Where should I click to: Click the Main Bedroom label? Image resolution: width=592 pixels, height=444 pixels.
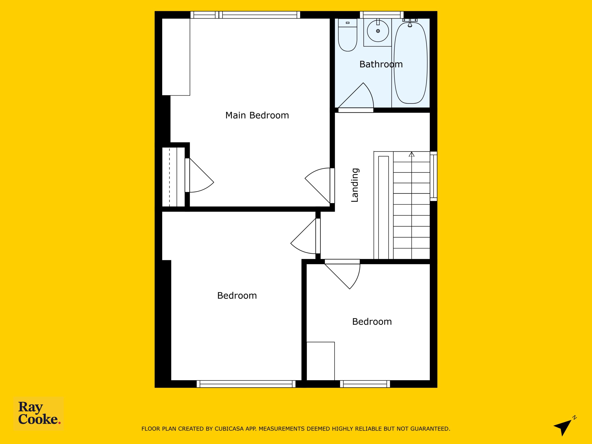[x=257, y=115]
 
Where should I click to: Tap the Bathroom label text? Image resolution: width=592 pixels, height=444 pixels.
[x=381, y=64]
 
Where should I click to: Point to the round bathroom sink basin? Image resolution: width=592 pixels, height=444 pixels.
[x=378, y=31]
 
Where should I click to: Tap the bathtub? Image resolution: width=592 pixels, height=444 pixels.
[x=410, y=63]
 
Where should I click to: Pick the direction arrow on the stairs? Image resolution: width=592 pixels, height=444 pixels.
[x=412, y=154]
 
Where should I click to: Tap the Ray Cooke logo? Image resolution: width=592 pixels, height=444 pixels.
[x=39, y=413]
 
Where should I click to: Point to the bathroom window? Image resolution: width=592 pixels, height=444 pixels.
[x=382, y=15]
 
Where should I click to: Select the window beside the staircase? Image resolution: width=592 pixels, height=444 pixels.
[x=434, y=176]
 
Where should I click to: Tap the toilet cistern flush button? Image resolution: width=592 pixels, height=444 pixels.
[x=348, y=23]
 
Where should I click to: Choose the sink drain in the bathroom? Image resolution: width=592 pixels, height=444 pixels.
[x=378, y=31]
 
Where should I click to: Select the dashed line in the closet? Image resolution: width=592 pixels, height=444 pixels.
[x=170, y=177]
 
